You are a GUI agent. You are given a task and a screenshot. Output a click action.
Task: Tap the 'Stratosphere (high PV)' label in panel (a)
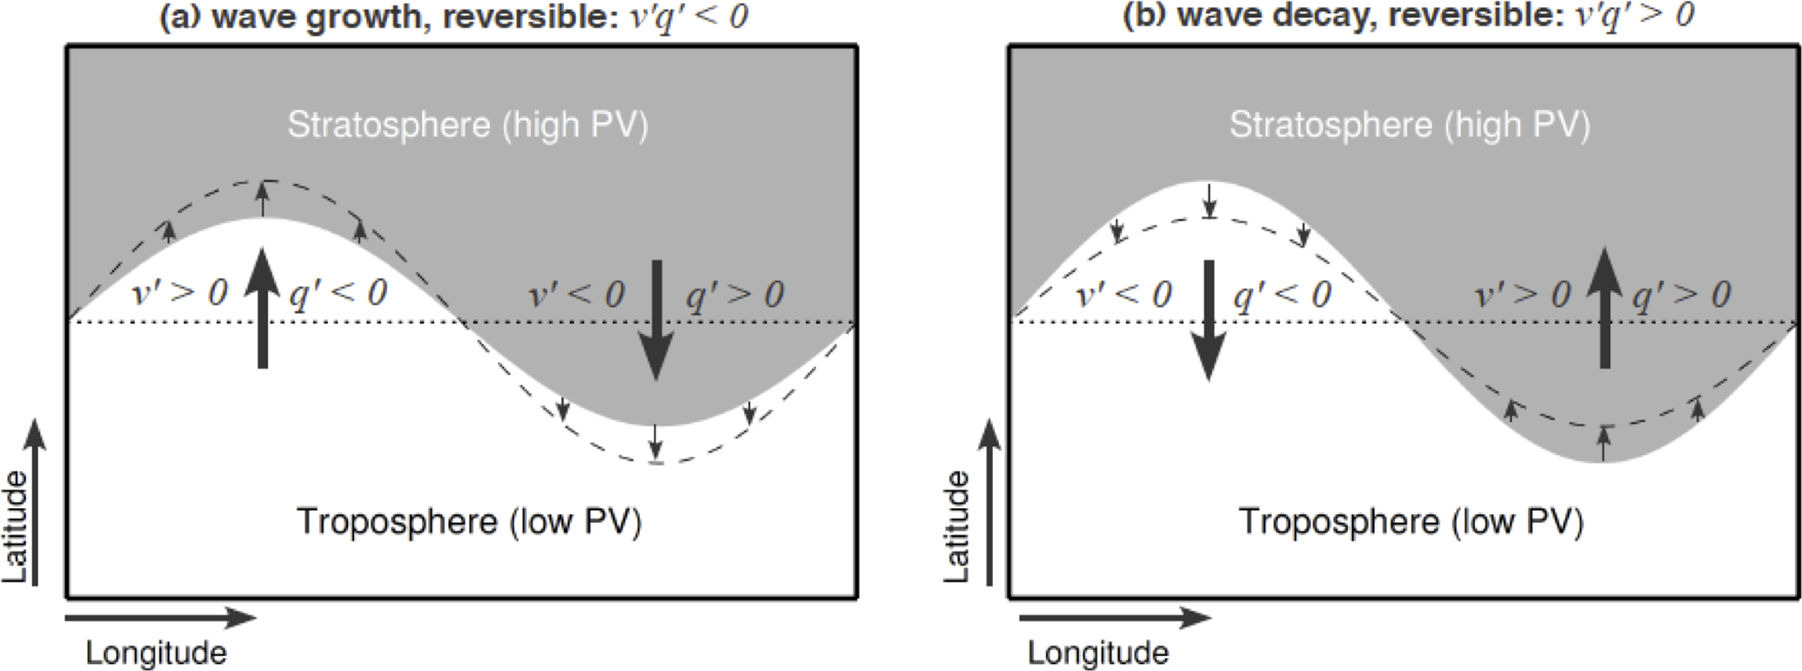(x=468, y=125)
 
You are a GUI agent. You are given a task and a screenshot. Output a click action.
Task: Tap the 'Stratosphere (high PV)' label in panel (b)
(x=1410, y=125)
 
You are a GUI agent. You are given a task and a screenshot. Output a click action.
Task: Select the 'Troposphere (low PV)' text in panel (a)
(x=469, y=521)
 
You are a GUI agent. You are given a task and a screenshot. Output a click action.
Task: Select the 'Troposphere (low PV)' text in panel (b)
(x=1411, y=521)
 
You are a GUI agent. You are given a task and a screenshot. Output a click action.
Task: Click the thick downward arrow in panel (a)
(x=656, y=320)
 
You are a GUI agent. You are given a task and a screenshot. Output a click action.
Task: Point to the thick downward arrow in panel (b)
(x=1208, y=320)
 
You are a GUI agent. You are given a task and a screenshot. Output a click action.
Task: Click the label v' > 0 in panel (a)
(x=179, y=293)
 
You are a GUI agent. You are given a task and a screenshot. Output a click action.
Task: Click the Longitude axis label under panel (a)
(x=155, y=653)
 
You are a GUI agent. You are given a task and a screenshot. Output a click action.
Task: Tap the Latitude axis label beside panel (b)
(x=957, y=526)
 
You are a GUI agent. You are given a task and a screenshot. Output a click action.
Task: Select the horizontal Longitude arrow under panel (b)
(x=1114, y=618)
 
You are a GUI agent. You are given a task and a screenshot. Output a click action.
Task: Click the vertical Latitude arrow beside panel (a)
(x=35, y=502)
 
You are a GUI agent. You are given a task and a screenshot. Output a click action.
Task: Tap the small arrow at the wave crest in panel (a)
(x=263, y=199)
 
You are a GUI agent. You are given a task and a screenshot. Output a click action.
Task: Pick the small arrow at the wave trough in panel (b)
(x=1603, y=443)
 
